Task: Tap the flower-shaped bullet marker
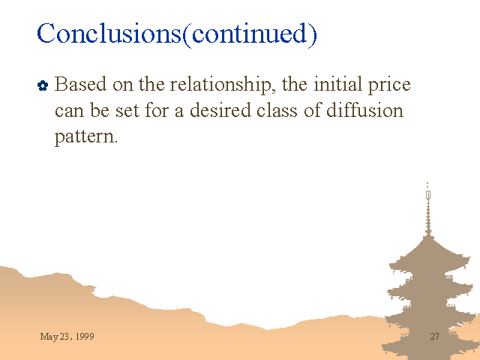(43, 85)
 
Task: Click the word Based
(80, 83)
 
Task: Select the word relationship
(220, 85)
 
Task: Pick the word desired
(220, 109)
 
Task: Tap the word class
(277, 109)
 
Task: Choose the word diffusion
(364, 109)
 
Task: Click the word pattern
(86, 136)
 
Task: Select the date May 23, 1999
(67, 337)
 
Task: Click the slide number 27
(435, 337)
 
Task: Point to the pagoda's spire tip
(427, 183)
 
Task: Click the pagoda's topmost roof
(429, 252)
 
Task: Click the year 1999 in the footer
(85, 337)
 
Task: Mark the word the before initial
(295, 83)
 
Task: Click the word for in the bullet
(157, 109)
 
